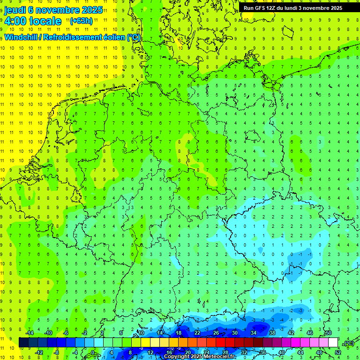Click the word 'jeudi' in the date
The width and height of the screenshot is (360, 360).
click(15, 10)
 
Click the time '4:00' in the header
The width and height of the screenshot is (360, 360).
click(15, 21)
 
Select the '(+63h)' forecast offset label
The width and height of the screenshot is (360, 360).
click(81, 21)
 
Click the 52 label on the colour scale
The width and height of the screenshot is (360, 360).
click(338, 352)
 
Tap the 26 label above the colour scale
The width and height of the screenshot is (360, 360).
click(216, 333)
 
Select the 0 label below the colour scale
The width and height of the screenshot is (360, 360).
click(93, 352)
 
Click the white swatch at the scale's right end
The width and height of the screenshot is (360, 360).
click(333, 343)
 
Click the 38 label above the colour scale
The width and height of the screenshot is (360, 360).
click(272, 333)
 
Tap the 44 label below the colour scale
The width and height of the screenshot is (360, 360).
click(300, 352)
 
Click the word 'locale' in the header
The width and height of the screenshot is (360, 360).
click(45, 21)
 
